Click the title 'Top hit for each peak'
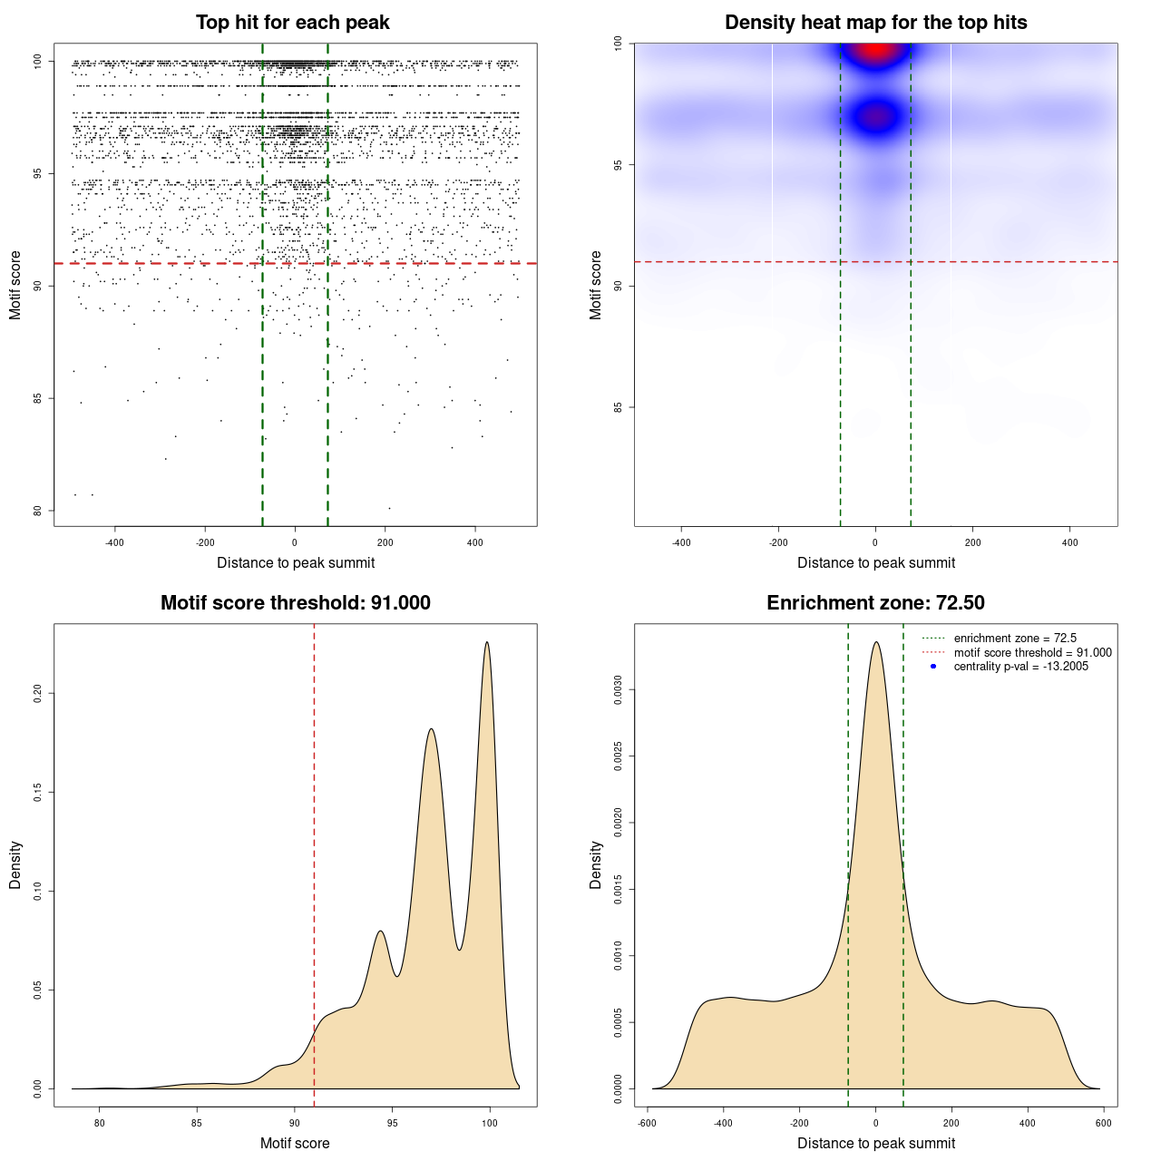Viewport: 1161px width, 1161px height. (x=293, y=23)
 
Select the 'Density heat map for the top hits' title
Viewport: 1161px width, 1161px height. (x=875, y=23)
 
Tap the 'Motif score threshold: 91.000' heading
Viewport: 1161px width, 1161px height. (x=295, y=603)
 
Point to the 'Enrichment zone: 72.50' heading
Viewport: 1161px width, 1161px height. (x=875, y=603)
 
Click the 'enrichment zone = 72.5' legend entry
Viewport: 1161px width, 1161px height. (x=1015, y=639)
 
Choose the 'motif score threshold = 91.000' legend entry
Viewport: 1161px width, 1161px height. (x=1032, y=653)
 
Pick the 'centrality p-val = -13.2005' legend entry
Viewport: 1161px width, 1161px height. (x=1020, y=667)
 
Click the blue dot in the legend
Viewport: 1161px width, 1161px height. (x=933, y=667)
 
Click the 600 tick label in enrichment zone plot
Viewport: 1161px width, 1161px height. (x=1103, y=1124)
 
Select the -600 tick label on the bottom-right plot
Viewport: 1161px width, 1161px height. (x=647, y=1124)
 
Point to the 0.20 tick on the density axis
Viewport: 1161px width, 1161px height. (x=37, y=694)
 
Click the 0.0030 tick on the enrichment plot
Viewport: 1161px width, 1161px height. (x=618, y=690)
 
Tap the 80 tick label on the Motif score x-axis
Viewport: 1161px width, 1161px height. (x=100, y=1124)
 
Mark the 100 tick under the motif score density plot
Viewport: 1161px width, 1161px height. (x=490, y=1124)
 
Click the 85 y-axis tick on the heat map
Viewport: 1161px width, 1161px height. (x=618, y=407)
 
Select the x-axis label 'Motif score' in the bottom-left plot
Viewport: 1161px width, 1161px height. (x=295, y=1143)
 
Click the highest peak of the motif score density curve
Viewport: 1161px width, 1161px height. (x=487, y=642)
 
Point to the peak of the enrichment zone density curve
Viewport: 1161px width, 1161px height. (x=875, y=642)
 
